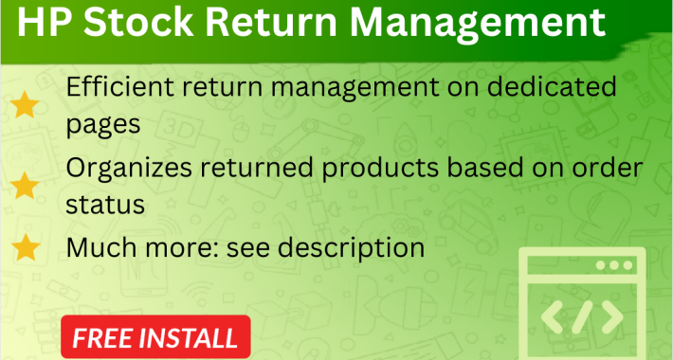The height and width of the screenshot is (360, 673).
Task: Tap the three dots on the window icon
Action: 619,266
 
